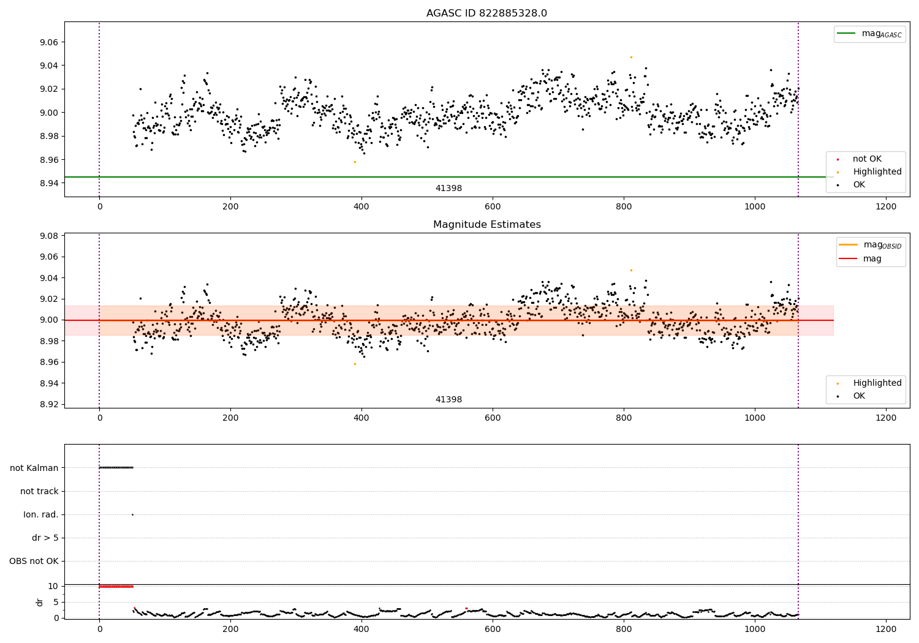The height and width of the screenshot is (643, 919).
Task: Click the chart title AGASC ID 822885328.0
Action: coord(486,13)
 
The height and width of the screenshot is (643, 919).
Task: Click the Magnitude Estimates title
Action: coord(487,224)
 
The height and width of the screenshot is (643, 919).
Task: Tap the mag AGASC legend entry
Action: coord(870,34)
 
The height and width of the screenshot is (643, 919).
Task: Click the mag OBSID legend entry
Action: coord(871,245)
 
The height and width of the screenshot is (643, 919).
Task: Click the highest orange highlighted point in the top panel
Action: coord(632,58)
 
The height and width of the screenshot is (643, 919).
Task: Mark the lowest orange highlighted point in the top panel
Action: coord(355,162)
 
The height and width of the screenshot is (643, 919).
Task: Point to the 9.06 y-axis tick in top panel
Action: coord(49,42)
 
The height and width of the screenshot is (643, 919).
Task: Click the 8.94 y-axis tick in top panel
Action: coord(49,183)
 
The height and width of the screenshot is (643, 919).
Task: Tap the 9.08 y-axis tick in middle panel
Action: coord(49,236)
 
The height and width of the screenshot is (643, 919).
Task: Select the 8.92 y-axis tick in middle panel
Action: coord(49,404)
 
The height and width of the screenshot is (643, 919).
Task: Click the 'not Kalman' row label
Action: coord(34,468)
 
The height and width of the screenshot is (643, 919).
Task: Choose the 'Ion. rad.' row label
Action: coord(40,514)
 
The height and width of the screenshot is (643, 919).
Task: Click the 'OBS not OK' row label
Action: coord(34,561)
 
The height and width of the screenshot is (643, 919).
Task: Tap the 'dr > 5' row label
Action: coord(45,538)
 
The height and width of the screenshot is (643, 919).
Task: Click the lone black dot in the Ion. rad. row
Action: coord(132,514)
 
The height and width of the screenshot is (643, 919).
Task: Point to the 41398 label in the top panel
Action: coord(448,188)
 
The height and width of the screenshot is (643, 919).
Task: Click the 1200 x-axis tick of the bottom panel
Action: coord(886,630)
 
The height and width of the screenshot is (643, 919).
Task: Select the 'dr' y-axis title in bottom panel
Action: coord(39,603)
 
